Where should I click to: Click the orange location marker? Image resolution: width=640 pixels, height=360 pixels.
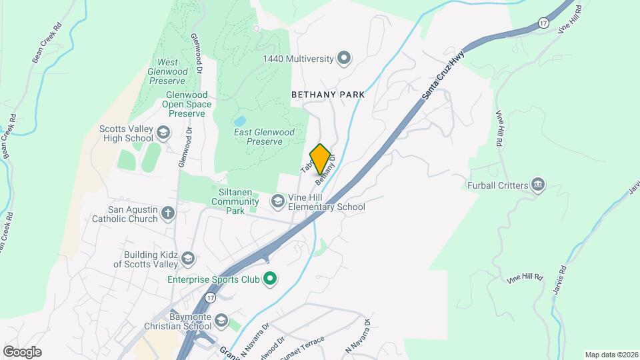[320, 159]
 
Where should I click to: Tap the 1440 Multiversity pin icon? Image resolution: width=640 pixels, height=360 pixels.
[344, 59]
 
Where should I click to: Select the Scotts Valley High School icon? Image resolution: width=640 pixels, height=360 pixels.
[163, 134]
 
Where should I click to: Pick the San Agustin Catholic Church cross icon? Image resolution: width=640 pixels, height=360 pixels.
[168, 213]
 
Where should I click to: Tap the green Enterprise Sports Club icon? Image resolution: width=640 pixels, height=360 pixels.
[269, 279]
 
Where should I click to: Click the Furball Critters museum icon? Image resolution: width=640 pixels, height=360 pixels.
[538, 185]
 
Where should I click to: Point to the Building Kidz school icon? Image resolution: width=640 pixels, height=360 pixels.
[188, 259]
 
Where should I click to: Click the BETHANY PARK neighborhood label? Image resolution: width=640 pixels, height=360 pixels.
[328, 95]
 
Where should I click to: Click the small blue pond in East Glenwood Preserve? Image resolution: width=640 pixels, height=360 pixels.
[240, 121]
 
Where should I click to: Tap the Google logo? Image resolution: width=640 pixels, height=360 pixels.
[22, 351]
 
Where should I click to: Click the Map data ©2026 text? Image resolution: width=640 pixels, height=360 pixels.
[611, 355]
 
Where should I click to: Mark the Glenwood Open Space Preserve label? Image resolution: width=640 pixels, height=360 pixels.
[189, 104]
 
